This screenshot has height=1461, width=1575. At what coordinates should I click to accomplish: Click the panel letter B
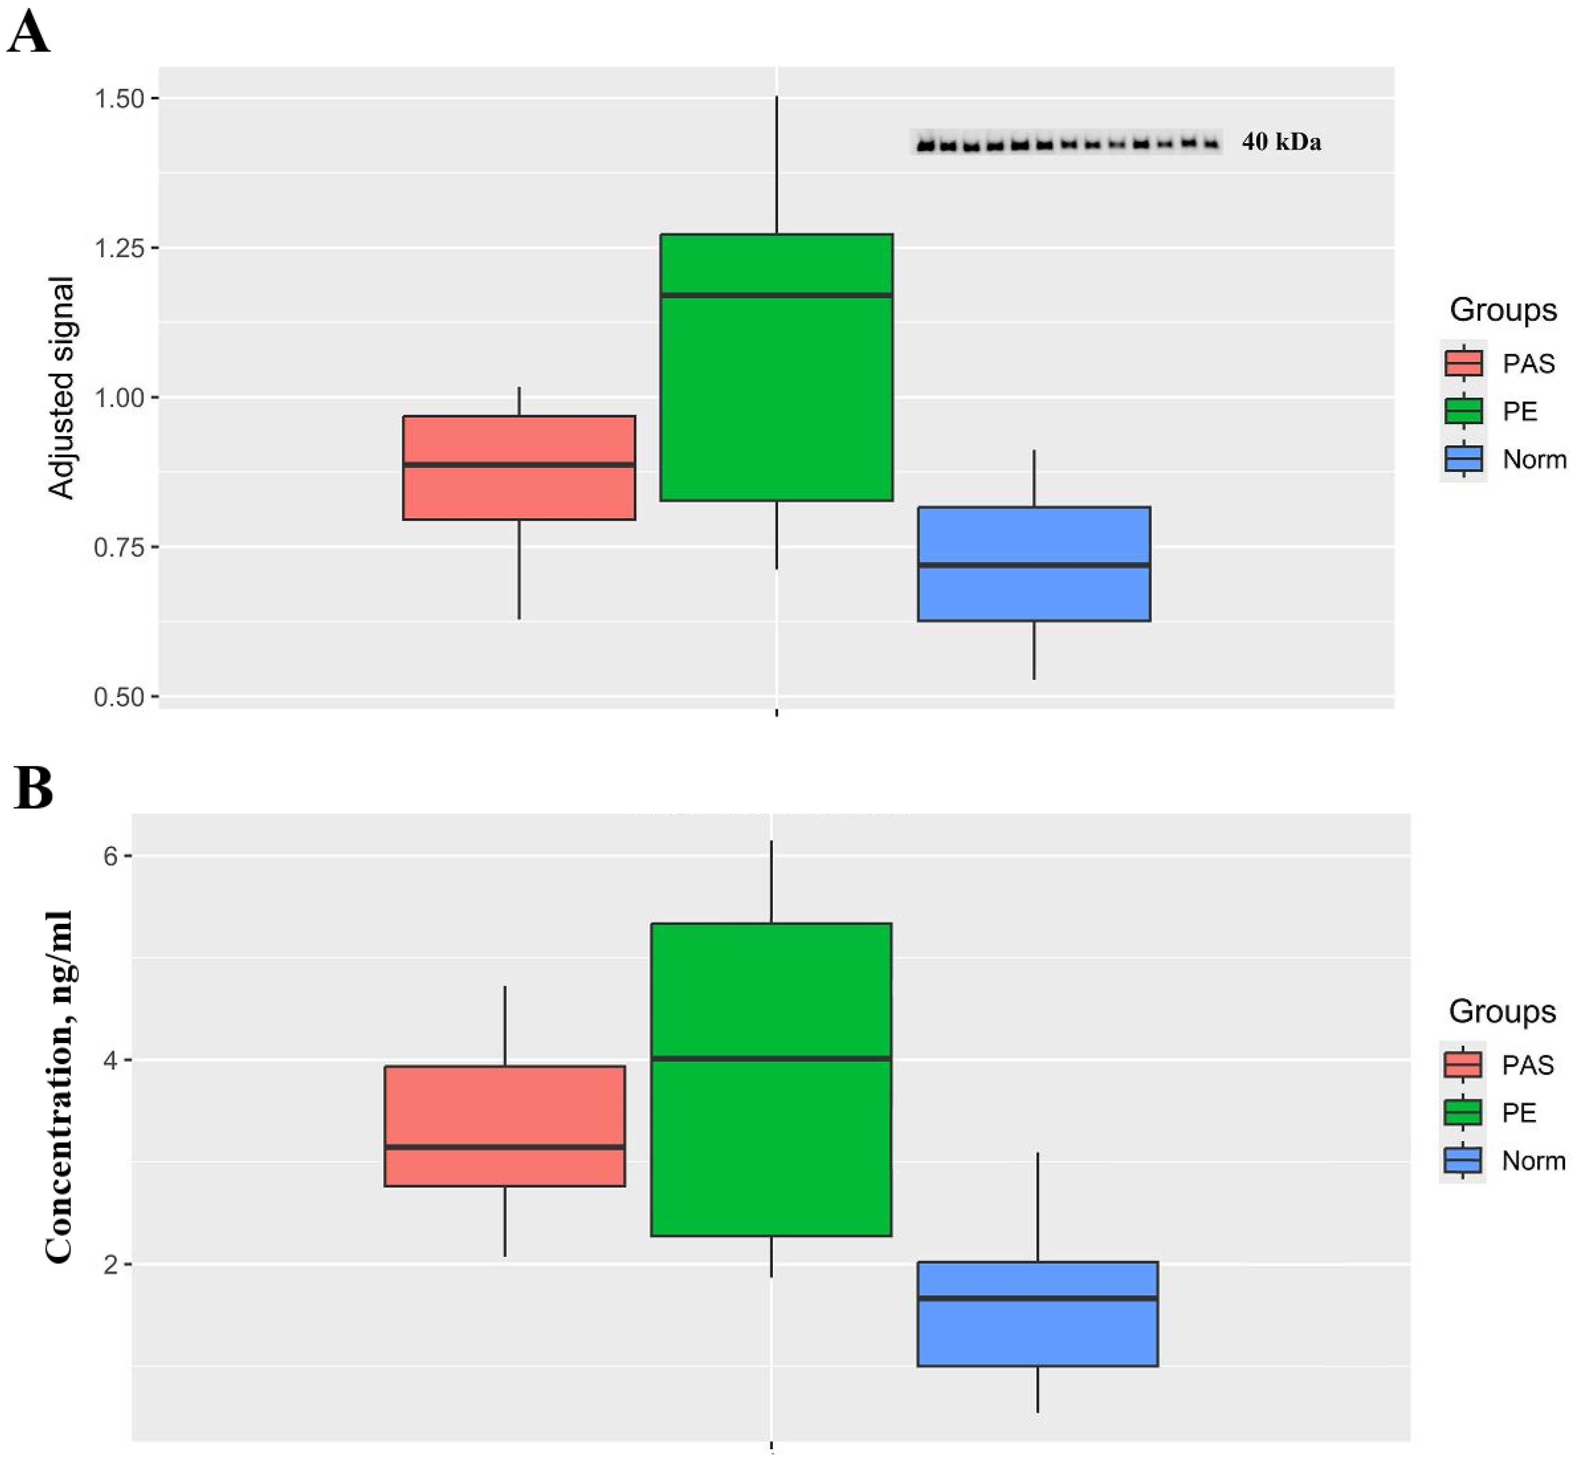click(x=33, y=788)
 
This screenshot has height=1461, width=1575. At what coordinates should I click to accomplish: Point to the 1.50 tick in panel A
click(x=119, y=99)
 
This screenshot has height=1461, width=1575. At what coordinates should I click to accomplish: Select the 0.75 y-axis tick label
click(x=119, y=547)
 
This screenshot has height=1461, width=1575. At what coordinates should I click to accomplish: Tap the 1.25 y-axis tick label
click(x=119, y=248)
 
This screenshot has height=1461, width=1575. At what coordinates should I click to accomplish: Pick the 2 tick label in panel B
click(x=110, y=1264)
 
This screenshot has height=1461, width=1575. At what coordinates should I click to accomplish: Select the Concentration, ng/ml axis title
click(x=59, y=1087)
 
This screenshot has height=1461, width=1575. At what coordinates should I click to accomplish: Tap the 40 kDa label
click(x=1281, y=142)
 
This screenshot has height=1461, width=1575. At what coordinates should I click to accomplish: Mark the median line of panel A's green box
click(x=776, y=295)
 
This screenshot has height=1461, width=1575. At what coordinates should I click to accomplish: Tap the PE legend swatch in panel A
click(x=1464, y=411)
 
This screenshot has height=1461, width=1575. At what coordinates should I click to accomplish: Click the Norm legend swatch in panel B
click(x=1463, y=1161)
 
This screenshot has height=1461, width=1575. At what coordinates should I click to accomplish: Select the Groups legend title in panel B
click(x=1501, y=1011)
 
